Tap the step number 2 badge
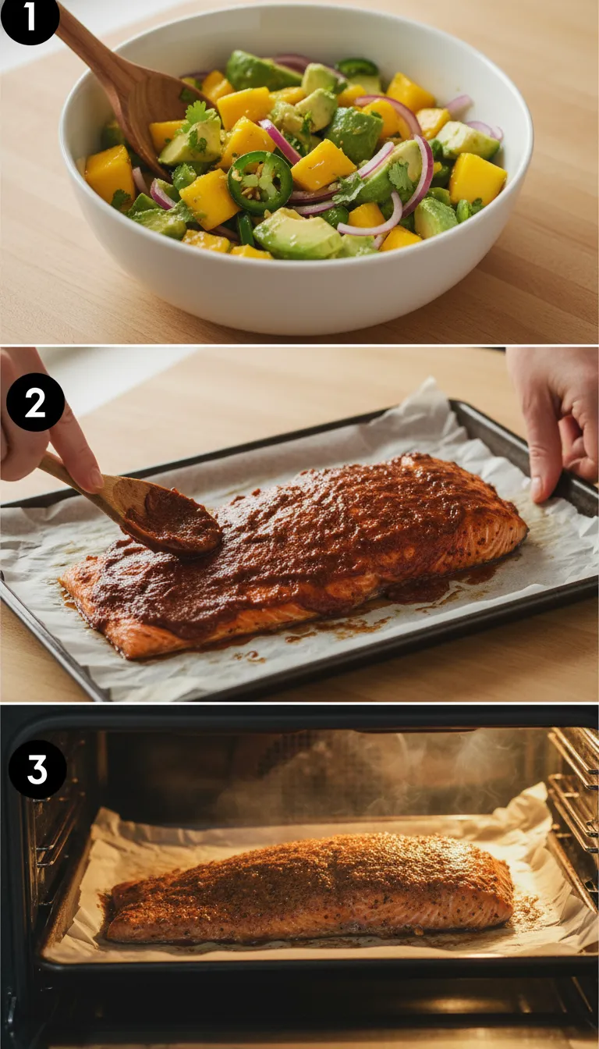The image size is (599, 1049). click(x=35, y=402)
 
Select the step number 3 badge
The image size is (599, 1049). click(x=37, y=768)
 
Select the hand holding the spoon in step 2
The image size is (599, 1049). click(x=39, y=437)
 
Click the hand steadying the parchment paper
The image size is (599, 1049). click(x=558, y=421)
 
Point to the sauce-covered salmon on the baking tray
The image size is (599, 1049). click(x=312, y=546)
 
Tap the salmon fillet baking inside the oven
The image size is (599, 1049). click(x=312, y=890)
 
